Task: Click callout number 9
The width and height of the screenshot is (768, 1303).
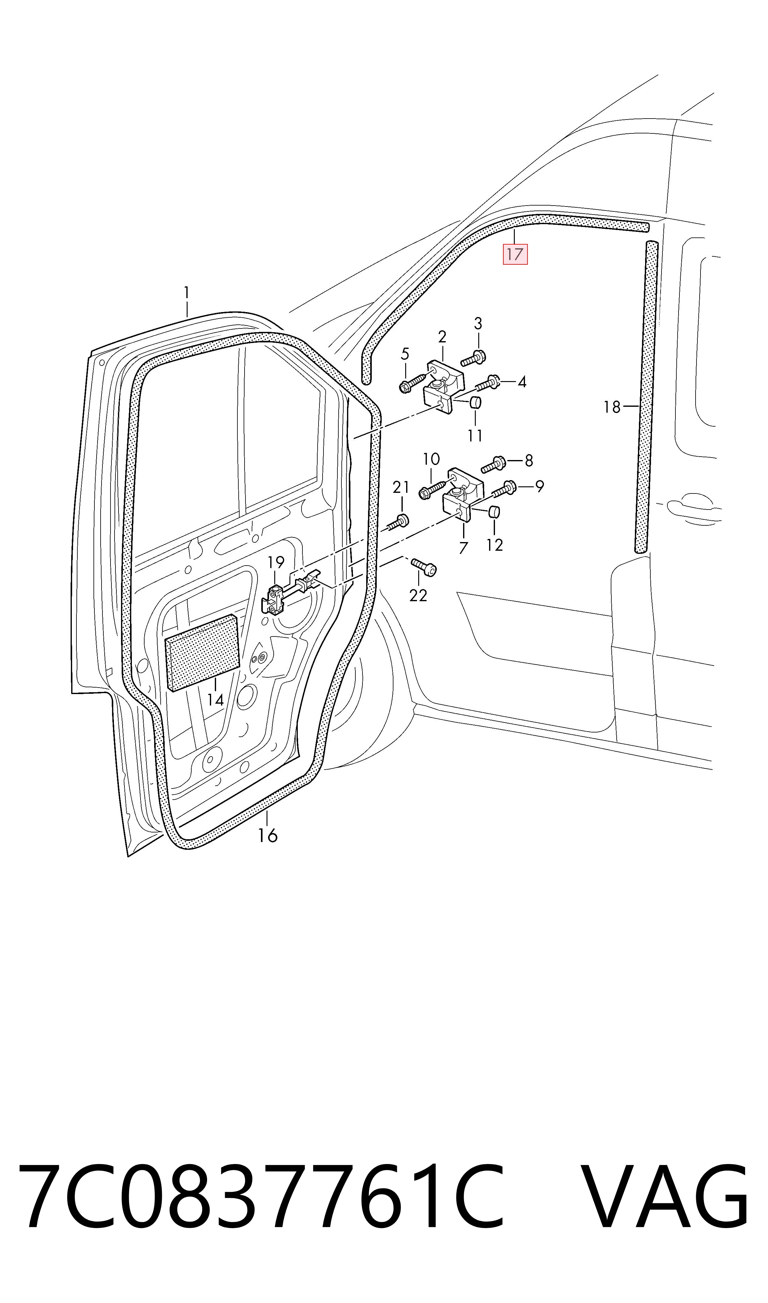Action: (539, 486)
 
